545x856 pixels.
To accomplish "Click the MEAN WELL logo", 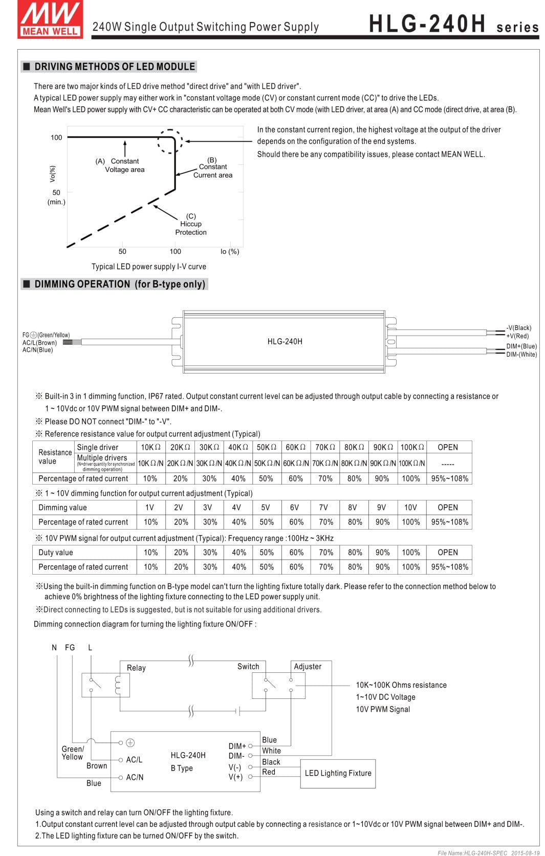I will pos(50,19).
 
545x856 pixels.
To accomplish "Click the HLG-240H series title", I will pos(453,24).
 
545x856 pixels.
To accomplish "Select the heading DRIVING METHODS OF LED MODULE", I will pos(114,67).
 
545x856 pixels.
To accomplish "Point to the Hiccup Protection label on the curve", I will pos(191,224).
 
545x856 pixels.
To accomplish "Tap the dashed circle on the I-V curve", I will pos(170,141).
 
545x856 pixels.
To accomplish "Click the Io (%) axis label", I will pos(230,251).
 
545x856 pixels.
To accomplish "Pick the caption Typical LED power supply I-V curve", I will pos(149,267).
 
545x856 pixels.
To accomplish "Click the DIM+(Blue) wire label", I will pos(521,346).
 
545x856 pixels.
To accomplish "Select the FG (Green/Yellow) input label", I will pos(46,335).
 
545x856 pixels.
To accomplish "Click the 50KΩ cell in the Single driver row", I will pos(266,447).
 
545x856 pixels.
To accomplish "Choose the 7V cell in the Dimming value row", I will pos(323,508).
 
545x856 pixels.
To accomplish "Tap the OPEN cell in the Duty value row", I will pos(448,553).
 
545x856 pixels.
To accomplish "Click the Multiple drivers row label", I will pos(102,458).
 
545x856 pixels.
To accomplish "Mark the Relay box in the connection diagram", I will pos(105,685).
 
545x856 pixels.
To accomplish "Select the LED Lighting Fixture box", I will pos(338,773).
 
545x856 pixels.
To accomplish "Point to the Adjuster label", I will pos(308,667).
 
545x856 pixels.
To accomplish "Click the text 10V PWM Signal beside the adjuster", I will pos(383,709).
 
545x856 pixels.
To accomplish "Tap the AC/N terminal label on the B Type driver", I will pos(135,777).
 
